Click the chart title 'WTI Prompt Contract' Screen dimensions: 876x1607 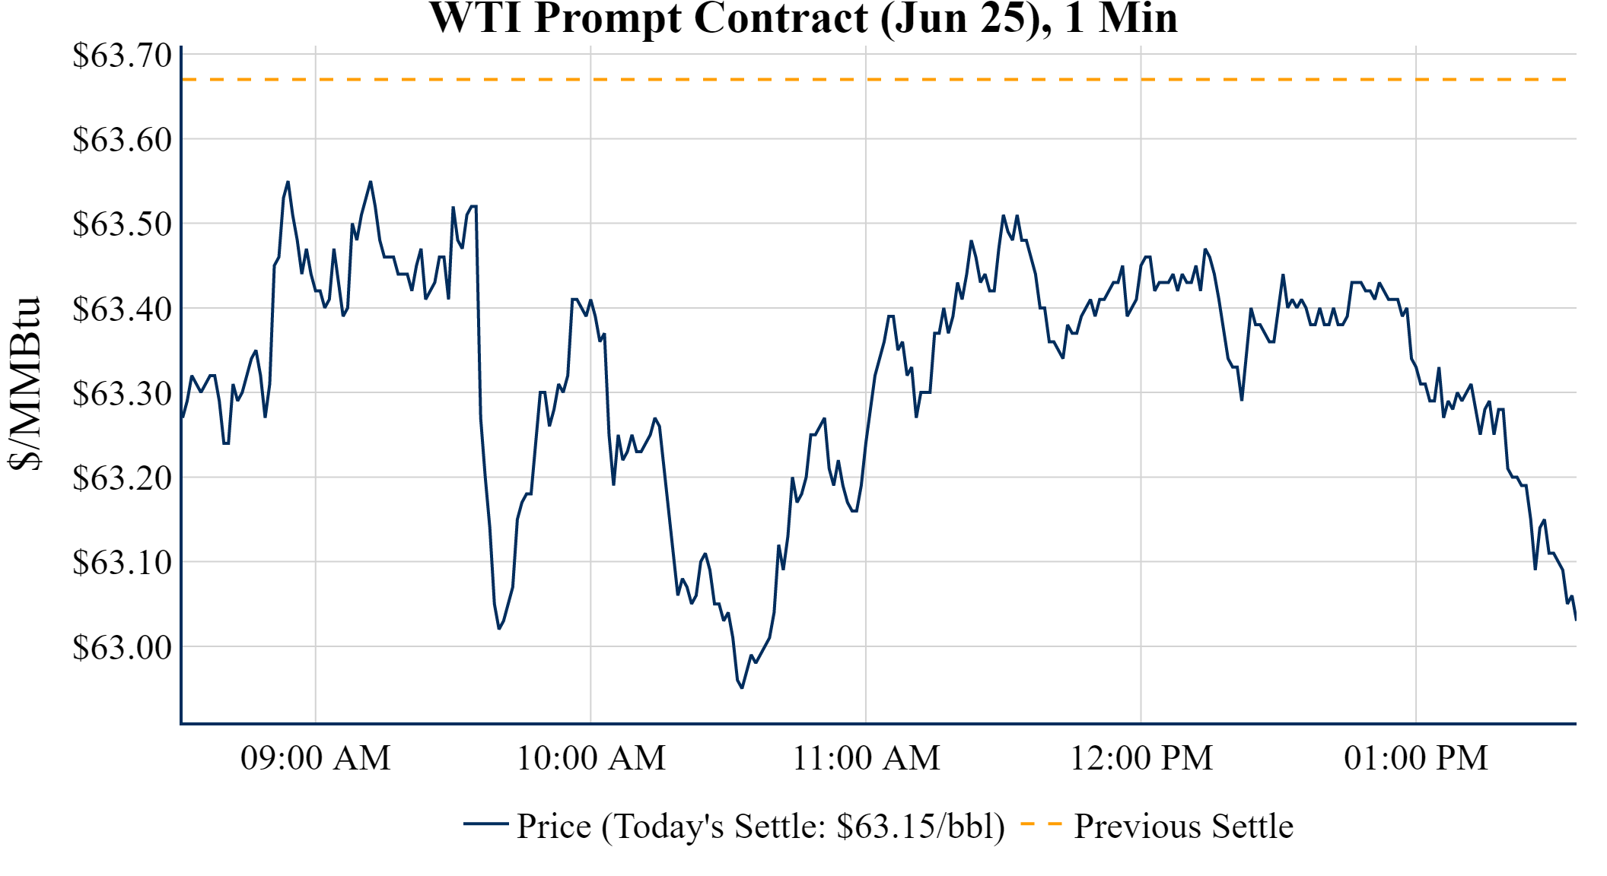[x=803, y=18]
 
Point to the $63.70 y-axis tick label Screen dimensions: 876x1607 [x=122, y=56]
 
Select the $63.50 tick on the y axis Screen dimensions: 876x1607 [x=122, y=224]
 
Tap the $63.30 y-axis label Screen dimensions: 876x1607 [x=122, y=394]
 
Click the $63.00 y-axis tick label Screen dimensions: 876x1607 [x=122, y=648]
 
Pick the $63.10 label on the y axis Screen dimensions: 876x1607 [x=122, y=563]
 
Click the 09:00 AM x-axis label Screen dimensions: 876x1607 [x=316, y=758]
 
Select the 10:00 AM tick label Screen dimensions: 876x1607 [x=591, y=758]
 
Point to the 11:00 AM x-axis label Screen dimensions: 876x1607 [x=867, y=758]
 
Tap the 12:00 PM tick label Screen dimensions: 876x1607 [x=1141, y=758]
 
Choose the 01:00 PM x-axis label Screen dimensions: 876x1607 [x=1416, y=758]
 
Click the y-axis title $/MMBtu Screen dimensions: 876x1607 [x=24, y=384]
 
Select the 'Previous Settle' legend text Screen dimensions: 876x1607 [x=1183, y=827]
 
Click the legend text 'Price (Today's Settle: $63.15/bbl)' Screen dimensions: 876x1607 [x=761, y=827]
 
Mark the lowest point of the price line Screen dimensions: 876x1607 [x=742, y=687]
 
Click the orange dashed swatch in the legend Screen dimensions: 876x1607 [x=1041, y=824]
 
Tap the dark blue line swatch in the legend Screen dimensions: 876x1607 [x=485, y=824]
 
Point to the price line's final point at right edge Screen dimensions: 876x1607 [x=1576, y=620]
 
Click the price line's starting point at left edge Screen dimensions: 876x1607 [x=183, y=417]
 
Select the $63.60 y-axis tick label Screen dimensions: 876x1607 [x=122, y=140]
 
